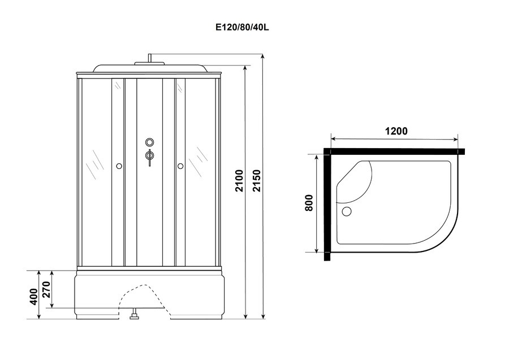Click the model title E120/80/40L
tap(243, 27)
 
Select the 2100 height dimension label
tap(239, 181)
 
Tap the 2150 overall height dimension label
tap(257, 181)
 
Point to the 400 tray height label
tap(34, 297)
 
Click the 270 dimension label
tap(46, 289)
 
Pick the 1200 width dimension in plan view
tap(396, 131)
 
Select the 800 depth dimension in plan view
tap(309, 203)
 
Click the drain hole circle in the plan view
tap(347, 211)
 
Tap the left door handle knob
tap(119, 166)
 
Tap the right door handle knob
tap(180, 166)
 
